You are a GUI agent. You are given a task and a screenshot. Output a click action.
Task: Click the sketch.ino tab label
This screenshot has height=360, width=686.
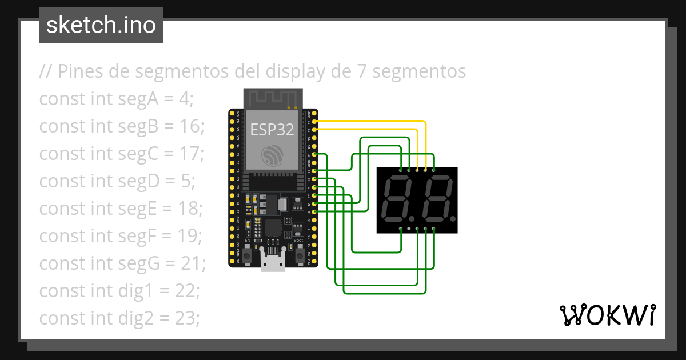click(x=101, y=25)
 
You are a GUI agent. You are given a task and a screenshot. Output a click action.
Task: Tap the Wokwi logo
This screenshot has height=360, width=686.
click(x=607, y=314)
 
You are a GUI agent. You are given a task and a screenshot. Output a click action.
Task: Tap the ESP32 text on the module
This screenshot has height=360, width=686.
click(x=272, y=130)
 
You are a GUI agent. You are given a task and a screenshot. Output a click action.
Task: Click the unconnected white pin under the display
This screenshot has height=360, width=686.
click(x=409, y=229)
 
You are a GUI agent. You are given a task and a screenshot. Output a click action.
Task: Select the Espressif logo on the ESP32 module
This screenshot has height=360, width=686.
click(x=272, y=155)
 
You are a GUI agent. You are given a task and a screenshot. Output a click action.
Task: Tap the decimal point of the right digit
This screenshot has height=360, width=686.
click(x=453, y=219)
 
